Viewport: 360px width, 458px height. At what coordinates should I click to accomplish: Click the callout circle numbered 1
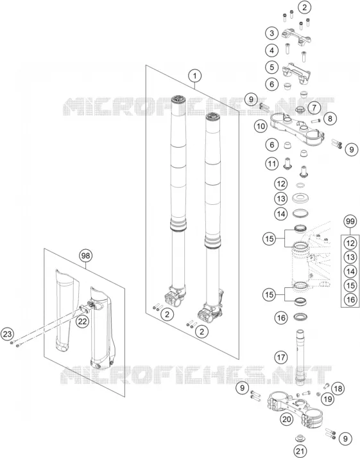tap(194, 76)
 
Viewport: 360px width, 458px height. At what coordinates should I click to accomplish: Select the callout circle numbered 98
tap(85, 256)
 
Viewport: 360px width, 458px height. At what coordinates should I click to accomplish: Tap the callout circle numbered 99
tap(350, 222)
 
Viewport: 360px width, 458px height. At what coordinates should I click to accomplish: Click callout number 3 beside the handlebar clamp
tap(272, 33)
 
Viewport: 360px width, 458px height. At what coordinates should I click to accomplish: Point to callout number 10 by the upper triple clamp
tap(261, 126)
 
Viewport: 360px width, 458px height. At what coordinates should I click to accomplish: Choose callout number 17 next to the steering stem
tap(281, 357)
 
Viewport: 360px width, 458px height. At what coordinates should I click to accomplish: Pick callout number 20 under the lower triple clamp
tap(286, 419)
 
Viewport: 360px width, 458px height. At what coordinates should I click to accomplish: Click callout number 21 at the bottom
tap(300, 451)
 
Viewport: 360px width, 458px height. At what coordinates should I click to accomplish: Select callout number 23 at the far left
tap(7, 334)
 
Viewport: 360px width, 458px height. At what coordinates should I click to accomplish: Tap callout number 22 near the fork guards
tap(82, 321)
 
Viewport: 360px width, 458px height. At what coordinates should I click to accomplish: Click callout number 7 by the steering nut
tap(314, 107)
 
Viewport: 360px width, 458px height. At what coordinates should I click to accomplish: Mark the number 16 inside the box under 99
tap(350, 299)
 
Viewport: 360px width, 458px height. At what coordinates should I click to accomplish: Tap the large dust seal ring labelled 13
tap(300, 199)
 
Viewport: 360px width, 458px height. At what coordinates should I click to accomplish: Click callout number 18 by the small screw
tap(338, 389)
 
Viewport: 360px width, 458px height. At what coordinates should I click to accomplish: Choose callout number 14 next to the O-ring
tap(280, 214)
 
